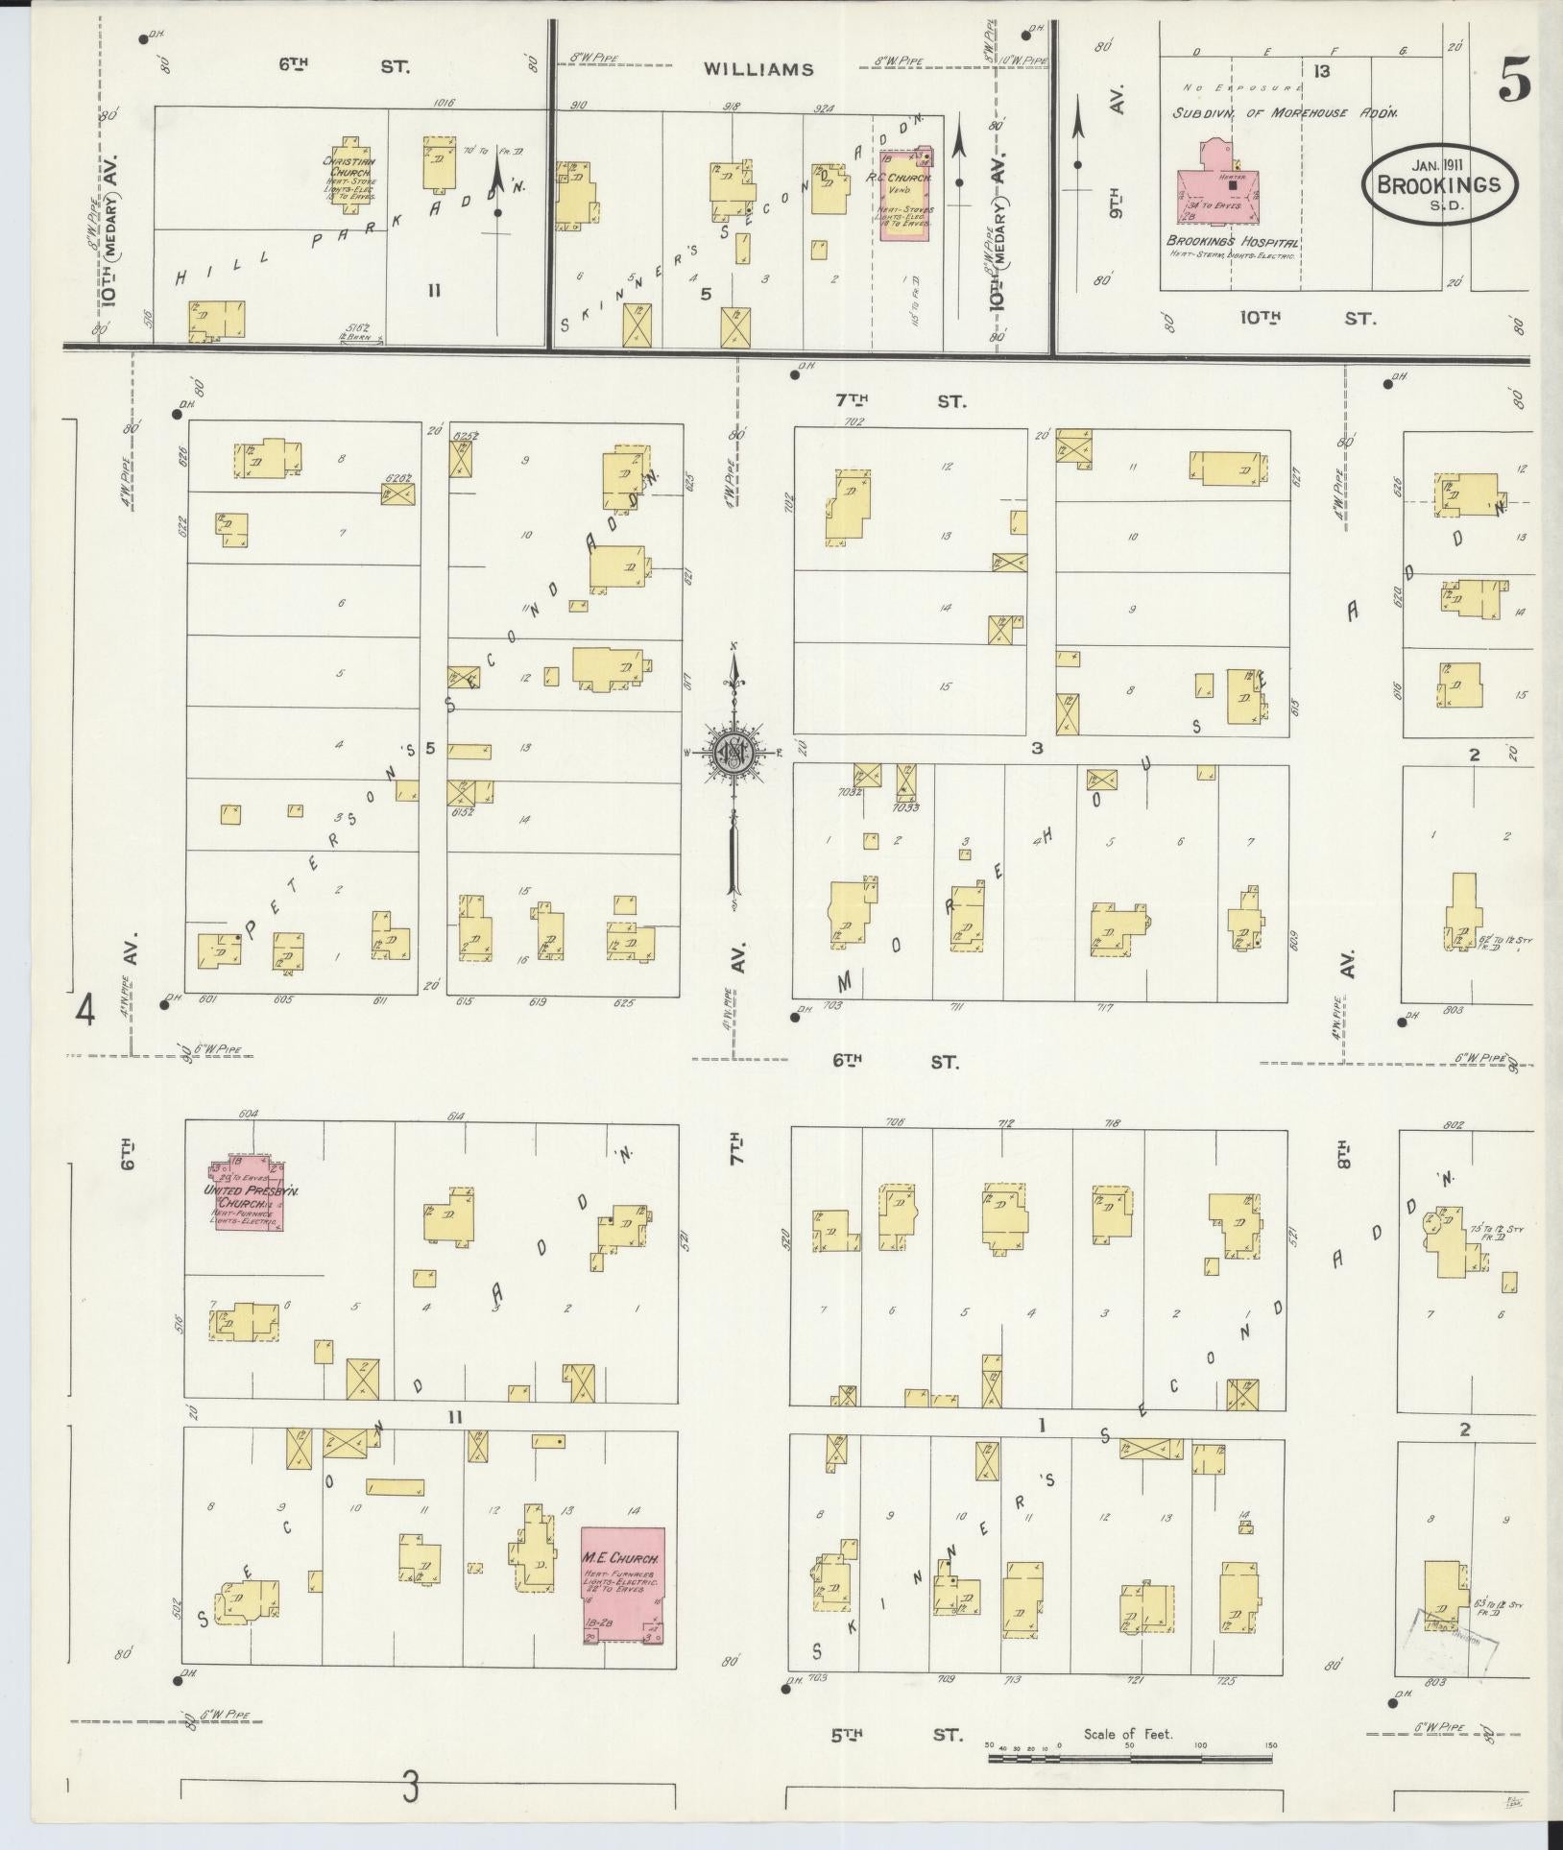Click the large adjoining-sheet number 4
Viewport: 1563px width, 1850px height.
pos(87,1012)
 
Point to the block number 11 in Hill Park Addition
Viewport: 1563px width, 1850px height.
pos(434,289)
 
